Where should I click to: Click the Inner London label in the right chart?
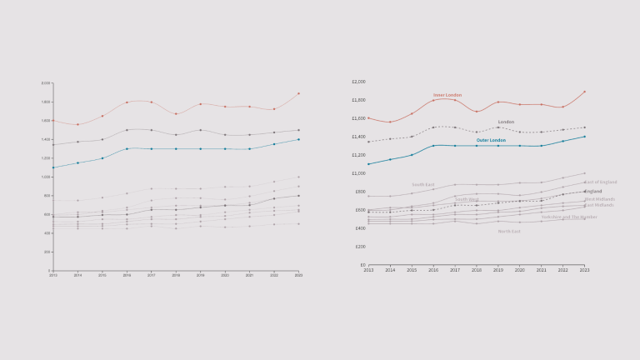pyautogui.click(x=447, y=95)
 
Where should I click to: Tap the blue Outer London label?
pyautogui.click(x=491, y=141)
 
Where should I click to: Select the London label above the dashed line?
pyautogui.click(x=506, y=122)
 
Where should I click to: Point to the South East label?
pyautogui.click(x=422, y=185)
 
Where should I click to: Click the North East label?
pyautogui.click(x=509, y=231)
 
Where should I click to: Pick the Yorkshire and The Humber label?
pyautogui.click(x=569, y=217)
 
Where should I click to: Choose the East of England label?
pyautogui.click(x=600, y=182)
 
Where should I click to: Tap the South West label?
pyautogui.click(x=467, y=199)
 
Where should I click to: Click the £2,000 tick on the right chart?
pyautogui.click(x=359, y=82)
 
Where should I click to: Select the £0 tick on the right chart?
pyautogui.click(x=362, y=265)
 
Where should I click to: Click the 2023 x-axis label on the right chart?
pyautogui.click(x=584, y=271)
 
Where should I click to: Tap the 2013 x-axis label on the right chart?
pyautogui.click(x=368, y=271)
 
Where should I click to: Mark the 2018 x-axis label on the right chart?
pyautogui.click(x=477, y=271)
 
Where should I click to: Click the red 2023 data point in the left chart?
pyautogui.click(x=298, y=93)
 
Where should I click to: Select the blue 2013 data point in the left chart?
pyautogui.click(x=52, y=167)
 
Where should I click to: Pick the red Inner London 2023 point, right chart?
pyautogui.click(x=584, y=92)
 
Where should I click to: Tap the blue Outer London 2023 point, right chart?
pyautogui.click(x=584, y=137)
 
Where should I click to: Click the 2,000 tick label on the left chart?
pyautogui.click(x=46, y=83)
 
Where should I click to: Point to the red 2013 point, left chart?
pyautogui.click(x=52, y=122)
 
